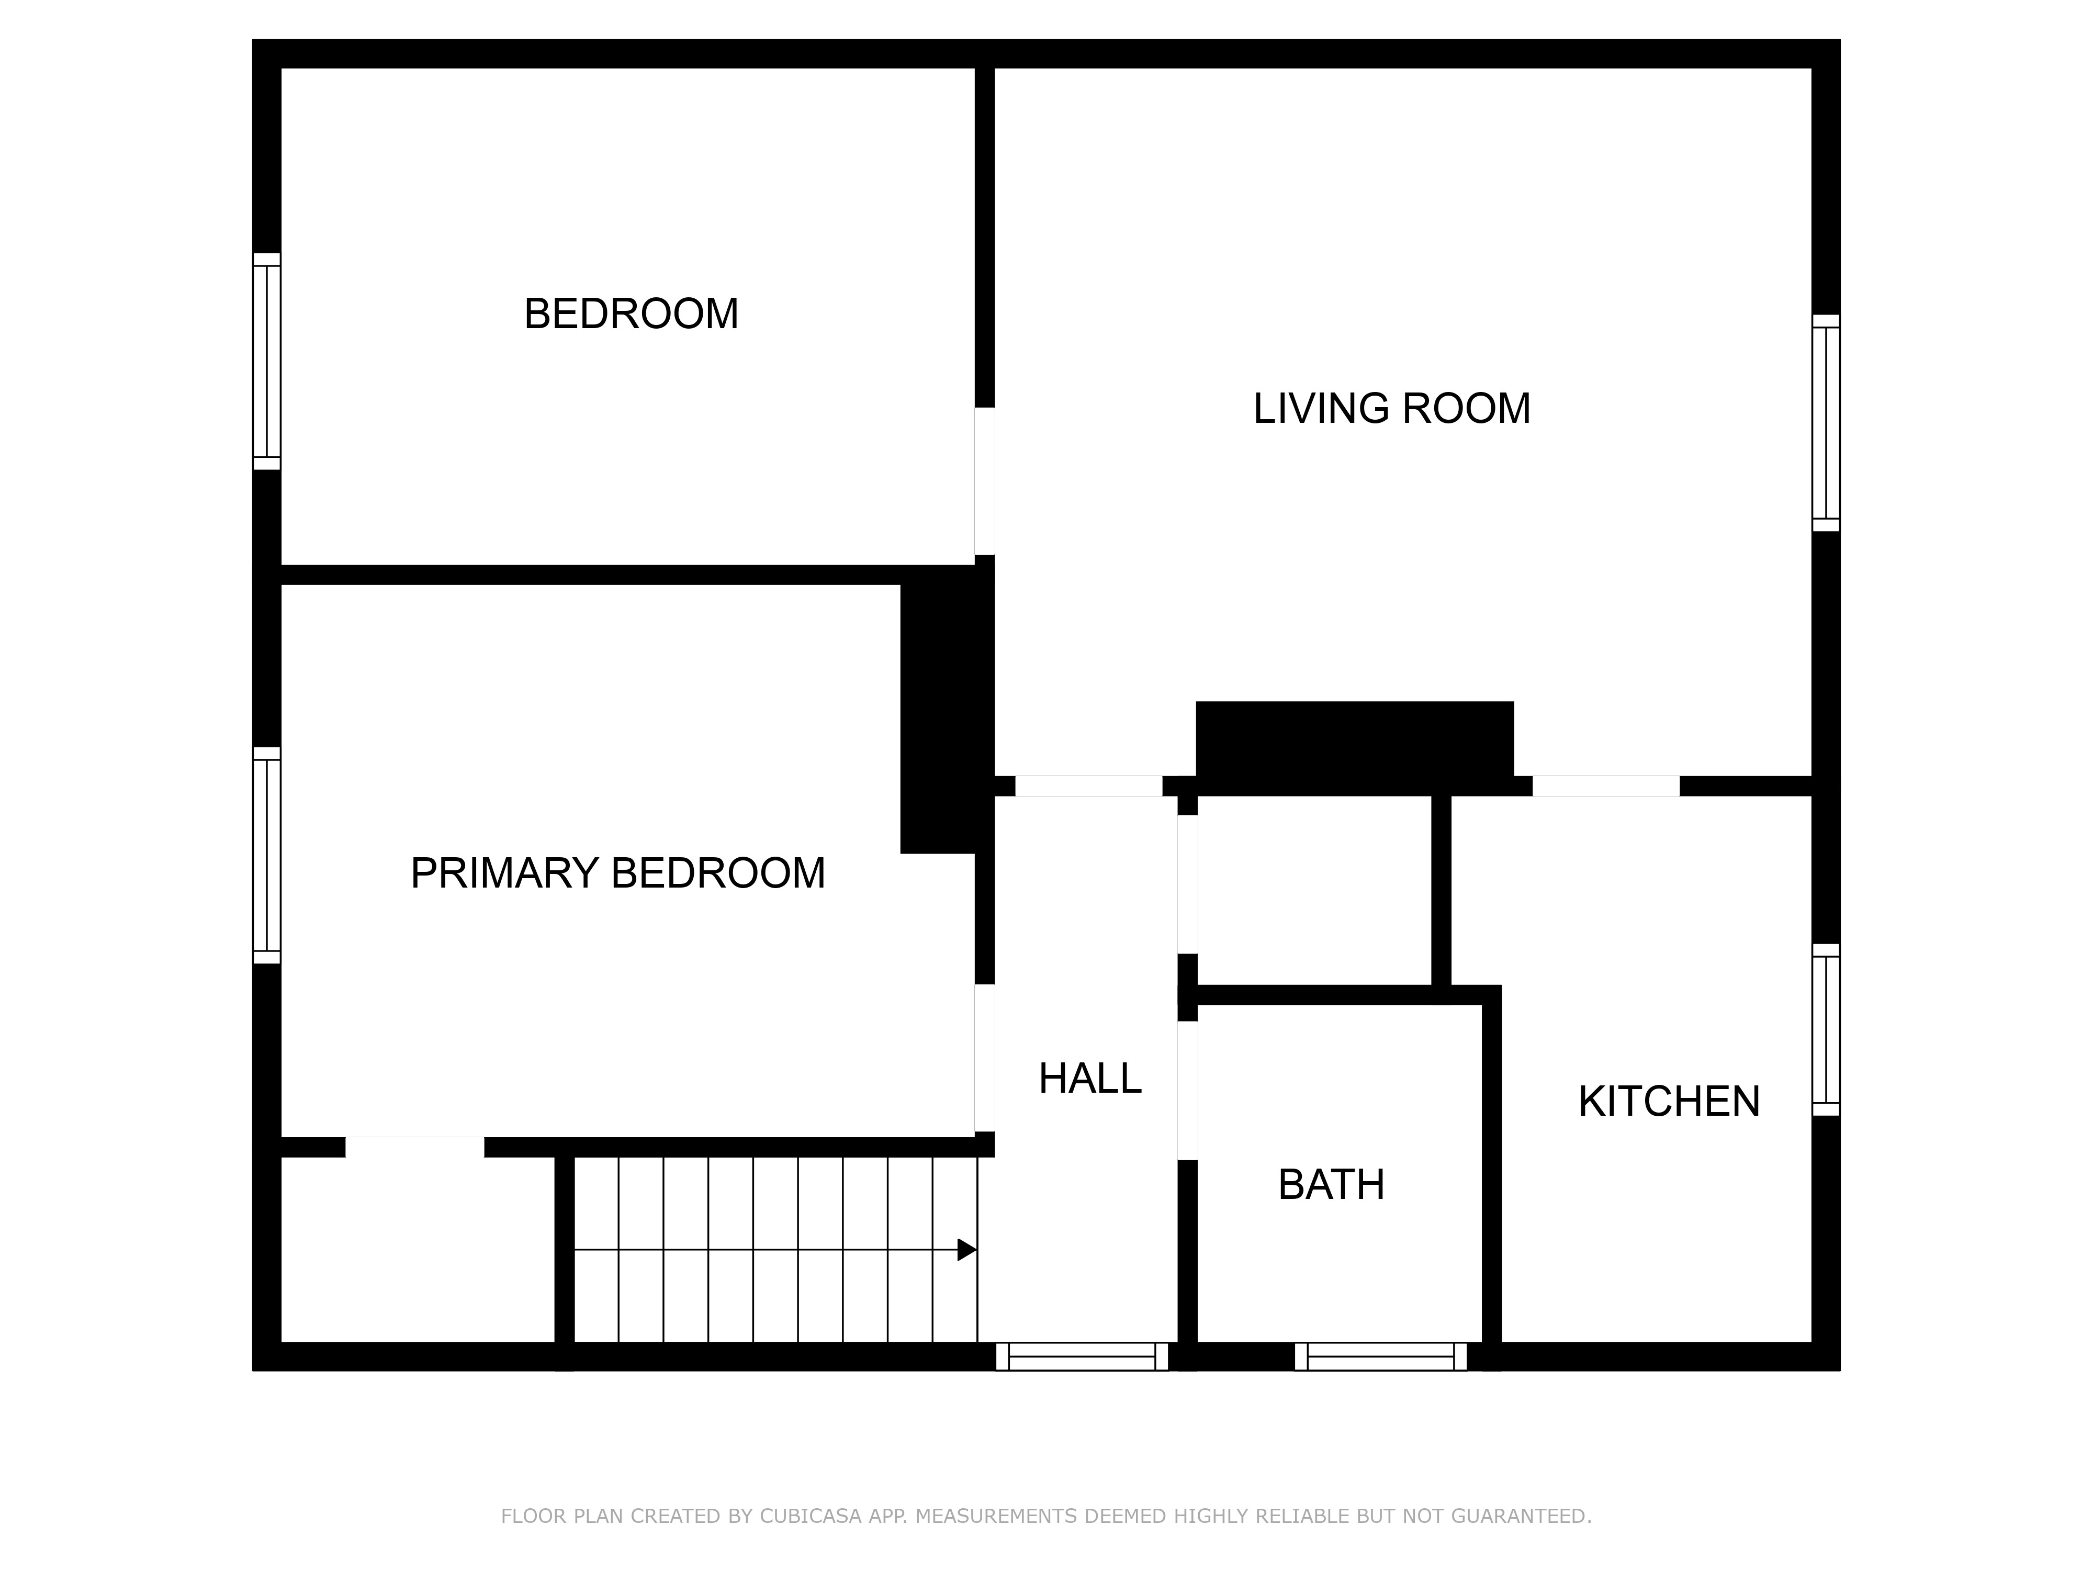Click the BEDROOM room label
[631, 314]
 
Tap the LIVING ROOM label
[1392, 409]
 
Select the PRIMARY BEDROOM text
[618, 872]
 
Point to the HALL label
[1090, 1079]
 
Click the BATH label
[1331, 1185]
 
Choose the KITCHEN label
[1669, 1102]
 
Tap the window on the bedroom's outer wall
[267, 362]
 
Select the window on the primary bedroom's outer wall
[267, 856]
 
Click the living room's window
[1826, 423]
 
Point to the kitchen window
[1826, 1029]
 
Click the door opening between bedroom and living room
[985, 481]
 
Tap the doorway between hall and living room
[1089, 787]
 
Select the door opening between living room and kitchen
[1606, 787]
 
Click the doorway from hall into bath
[1187, 1091]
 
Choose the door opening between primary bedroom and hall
[985, 1058]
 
